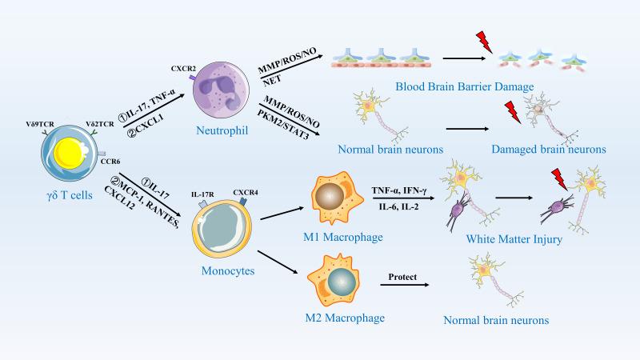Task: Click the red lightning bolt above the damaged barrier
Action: [x=484, y=41]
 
